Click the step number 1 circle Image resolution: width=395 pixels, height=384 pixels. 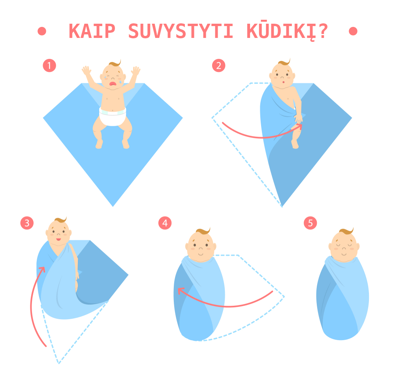[49, 66]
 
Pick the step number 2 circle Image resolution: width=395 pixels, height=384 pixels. [218, 66]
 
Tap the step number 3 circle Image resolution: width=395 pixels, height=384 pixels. [27, 223]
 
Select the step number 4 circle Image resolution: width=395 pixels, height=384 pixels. [165, 223]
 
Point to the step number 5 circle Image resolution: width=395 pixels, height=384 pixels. [310, 223]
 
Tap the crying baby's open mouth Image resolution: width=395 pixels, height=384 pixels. [113, 83]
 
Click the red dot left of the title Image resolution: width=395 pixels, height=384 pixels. [42, 31]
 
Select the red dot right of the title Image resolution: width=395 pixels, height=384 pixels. [353, 31]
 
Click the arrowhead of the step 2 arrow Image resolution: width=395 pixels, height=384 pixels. [300, 126]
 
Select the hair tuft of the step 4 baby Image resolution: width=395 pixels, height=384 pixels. [203, 231]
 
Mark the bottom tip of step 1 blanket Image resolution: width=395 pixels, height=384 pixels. [113, 205]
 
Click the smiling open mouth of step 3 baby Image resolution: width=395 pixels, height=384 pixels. [58, 239]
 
